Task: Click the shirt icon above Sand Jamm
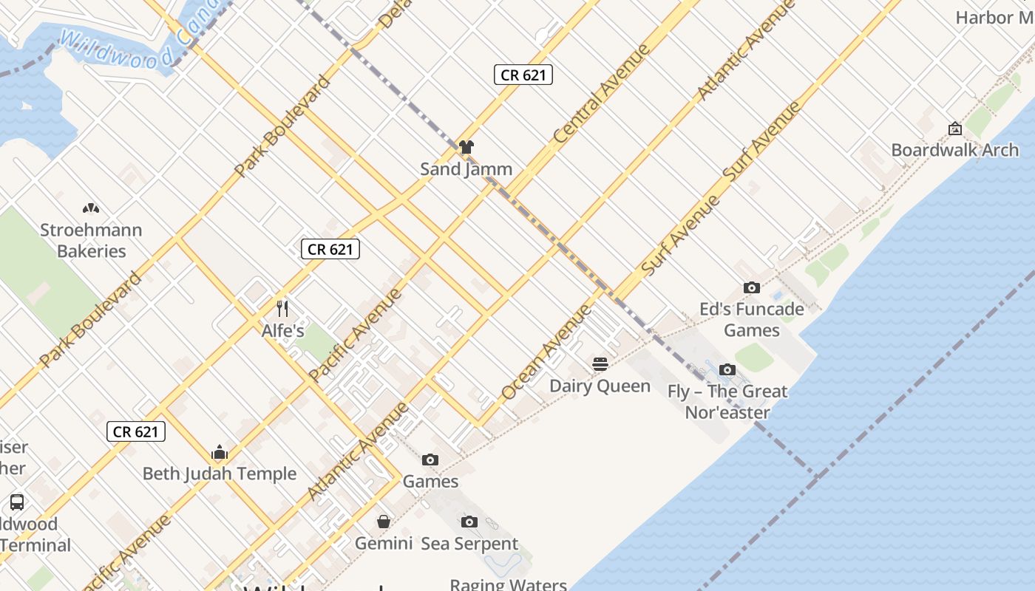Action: click(466, 147)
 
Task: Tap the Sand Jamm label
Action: click(466, 169)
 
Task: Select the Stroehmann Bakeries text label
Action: click(91, 240)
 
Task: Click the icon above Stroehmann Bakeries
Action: click(91, 208)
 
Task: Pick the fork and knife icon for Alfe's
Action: click(282, 308)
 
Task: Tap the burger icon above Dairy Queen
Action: click(600, 363)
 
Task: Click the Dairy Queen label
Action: click(600, 386)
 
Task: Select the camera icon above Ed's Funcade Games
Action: click(751, 287)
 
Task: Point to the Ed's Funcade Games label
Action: click(751, 319)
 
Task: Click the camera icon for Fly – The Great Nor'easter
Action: click(727, 369)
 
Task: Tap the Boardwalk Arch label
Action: click(954, 150)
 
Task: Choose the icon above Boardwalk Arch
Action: click(954, 129)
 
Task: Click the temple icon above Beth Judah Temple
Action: click(219, 452)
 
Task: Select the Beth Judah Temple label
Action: click(219, 474)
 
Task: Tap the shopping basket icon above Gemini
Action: click(383, 522)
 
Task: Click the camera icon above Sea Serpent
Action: click(469, 522)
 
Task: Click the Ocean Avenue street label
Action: click(546, 352)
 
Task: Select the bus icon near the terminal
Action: click(17, 502)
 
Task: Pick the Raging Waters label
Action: click(508, 584)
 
